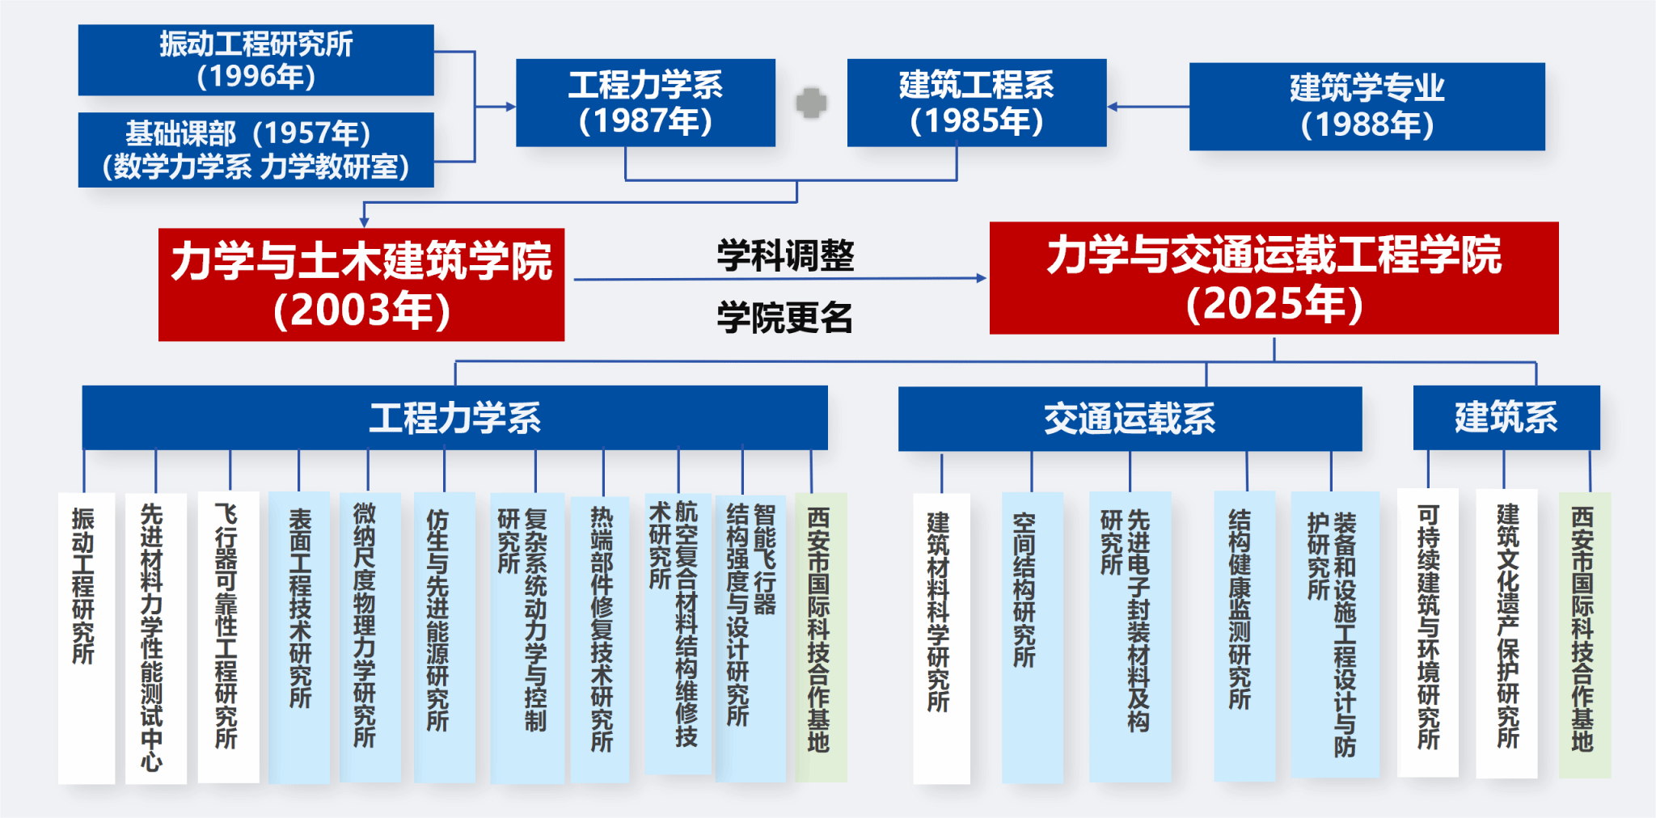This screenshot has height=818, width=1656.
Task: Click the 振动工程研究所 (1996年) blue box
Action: (256, 60)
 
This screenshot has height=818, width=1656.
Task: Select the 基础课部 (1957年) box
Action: (256, 150)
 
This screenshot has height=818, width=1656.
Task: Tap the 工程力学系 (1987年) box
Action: (645, 103)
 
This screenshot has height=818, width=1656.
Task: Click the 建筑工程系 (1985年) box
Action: (976, 103)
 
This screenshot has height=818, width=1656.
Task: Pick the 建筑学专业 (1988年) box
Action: (1367, 107)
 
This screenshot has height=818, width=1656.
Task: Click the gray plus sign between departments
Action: (811, 103)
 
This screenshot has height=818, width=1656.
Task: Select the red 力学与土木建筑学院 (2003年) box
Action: (361, 285)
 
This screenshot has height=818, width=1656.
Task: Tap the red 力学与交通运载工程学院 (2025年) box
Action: (1274, 278)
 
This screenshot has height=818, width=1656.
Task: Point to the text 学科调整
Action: (785, 256)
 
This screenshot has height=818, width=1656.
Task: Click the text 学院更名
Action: (785, 318)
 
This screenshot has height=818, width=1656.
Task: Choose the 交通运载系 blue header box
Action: (1130, 419)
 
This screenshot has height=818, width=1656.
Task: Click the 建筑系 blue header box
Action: (1506, 417)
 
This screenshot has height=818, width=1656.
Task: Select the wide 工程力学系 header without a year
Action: (454, 418)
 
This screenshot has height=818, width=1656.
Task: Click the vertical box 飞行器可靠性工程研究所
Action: (228, 637)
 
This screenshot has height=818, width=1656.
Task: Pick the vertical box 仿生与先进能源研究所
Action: (444, 637)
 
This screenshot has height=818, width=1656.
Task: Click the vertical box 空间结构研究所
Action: (1032, 637)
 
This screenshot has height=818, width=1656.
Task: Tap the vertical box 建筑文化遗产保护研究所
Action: (1506, 634)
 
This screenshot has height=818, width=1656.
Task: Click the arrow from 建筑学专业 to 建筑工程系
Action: (1148, 107)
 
